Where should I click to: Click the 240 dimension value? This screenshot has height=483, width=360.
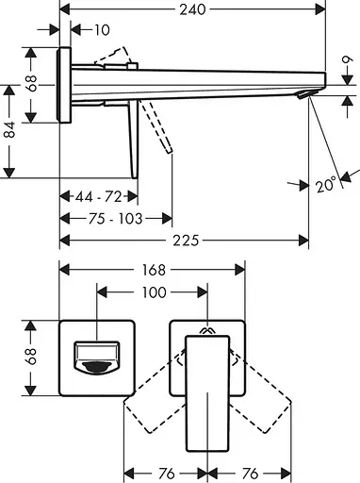192,9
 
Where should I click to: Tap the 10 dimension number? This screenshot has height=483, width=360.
102,30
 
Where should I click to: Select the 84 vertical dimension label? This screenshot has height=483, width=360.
10,129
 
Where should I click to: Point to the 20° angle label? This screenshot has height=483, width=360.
326,185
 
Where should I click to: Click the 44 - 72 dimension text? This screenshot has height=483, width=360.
98,197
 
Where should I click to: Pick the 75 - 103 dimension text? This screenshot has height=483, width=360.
115,219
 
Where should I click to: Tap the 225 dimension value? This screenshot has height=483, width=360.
186,241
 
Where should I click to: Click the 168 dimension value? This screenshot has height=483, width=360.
154,270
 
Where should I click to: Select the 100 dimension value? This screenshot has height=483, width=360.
155,292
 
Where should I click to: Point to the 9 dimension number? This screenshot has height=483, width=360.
348,59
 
